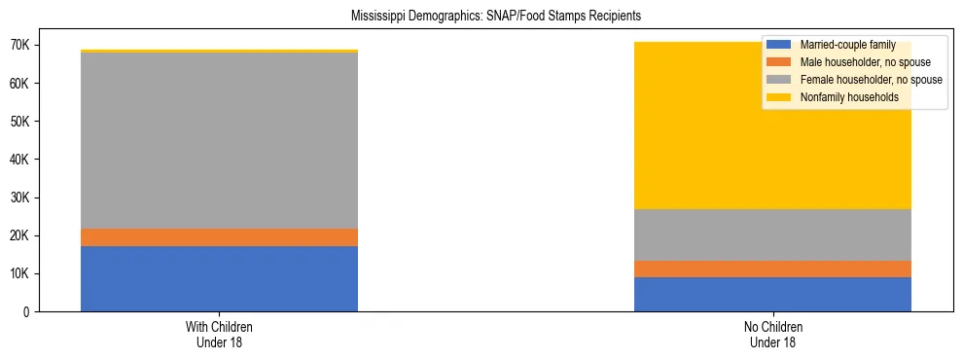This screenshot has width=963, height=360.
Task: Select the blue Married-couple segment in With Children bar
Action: (x=219, y=278)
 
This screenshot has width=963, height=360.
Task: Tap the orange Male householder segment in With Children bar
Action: (x=219, y=237)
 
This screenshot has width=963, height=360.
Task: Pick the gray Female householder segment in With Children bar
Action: (x=219, y=140)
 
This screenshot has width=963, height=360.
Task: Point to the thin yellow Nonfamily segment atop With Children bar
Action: (x=219, y=51)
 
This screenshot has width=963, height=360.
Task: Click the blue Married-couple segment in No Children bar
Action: (x=772, y=294)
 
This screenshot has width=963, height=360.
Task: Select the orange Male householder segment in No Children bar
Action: (x=772, y=269)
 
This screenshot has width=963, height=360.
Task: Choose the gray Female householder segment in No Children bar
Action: (x=772, y=234)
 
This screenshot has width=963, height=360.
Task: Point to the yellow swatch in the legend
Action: (x=779, y=97)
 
